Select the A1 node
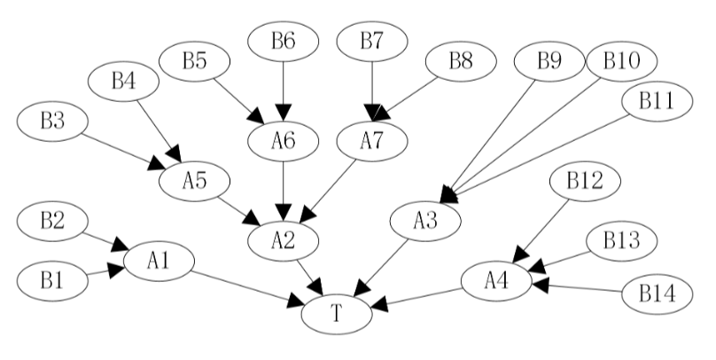coord(159,261)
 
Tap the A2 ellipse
coord(283,237)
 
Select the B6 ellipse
coord(283,41)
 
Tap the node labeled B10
coord(620,62)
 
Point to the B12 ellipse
coord(585,183)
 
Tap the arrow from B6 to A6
coord(283,90)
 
